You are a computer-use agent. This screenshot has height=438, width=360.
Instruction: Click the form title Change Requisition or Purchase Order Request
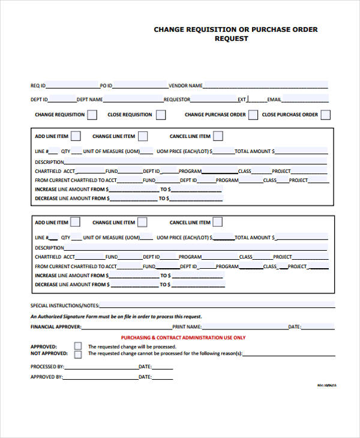coord(236,34)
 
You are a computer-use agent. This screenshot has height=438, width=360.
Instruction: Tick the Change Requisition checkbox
coord(92,115)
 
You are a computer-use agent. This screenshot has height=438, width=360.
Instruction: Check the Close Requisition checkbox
coord(161,115)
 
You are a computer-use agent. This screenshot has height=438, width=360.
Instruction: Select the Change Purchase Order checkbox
coord(253,115)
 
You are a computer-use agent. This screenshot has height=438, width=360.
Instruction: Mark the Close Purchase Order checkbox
coord(325,115)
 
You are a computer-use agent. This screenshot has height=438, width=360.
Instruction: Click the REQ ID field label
coord(38,85)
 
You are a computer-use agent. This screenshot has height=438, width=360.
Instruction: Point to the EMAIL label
coord(274,100)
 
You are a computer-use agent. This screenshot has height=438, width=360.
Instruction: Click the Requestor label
coord(177,100)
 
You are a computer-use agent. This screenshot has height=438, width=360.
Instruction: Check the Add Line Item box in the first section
coord(76,136)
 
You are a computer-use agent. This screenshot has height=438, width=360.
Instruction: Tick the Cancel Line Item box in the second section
coord(218,222)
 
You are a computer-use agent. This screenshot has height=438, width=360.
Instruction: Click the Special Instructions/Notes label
coord(65,305)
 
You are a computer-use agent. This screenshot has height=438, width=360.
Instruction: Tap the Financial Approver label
coord(55,327)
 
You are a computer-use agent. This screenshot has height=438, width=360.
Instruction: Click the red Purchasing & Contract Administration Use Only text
coord(183,338)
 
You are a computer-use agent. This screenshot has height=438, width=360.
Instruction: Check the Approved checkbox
coord(78,346)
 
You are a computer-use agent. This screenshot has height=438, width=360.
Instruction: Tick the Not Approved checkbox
coord(78,354)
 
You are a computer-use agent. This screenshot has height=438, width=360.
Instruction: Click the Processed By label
coord(47,366)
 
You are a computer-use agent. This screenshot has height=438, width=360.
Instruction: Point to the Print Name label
coord(187,327)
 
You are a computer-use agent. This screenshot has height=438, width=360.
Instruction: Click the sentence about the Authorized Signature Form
coord(116,316)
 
